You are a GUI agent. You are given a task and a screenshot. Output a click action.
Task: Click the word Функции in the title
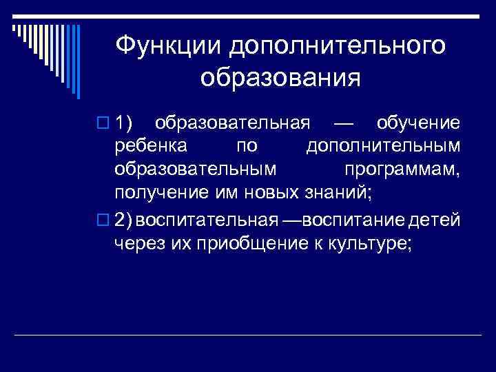(x=167, y=46)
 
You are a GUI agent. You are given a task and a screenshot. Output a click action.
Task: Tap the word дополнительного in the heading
(x=337, y=46)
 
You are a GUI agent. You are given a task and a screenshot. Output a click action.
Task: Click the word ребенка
(x=149, y=147)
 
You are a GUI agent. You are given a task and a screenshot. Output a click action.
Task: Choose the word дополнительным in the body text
(x=382, y=147)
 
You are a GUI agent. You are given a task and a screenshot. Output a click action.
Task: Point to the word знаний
(x=340, y=192)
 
